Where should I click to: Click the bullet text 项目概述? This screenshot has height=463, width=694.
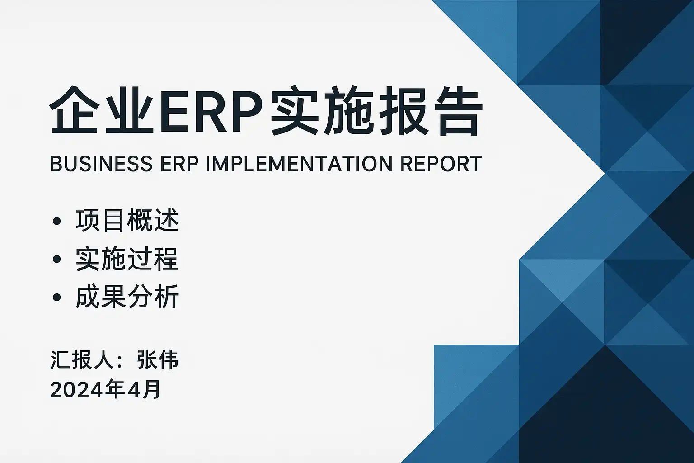[127, 221]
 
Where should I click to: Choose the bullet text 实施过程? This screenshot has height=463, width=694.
[127, 259]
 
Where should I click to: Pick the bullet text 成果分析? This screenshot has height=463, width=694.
[127, 297]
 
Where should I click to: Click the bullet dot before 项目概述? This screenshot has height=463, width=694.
[56, 221]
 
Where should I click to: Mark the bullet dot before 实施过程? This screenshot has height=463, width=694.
[56, 259]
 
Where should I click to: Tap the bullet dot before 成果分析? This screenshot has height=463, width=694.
[56, 298]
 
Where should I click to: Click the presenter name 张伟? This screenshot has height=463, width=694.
[158, 360]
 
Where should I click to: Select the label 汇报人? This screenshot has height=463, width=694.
[80, 360]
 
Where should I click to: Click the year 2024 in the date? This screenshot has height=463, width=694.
[76, 390]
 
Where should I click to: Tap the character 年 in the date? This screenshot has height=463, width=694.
[115, 389]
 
